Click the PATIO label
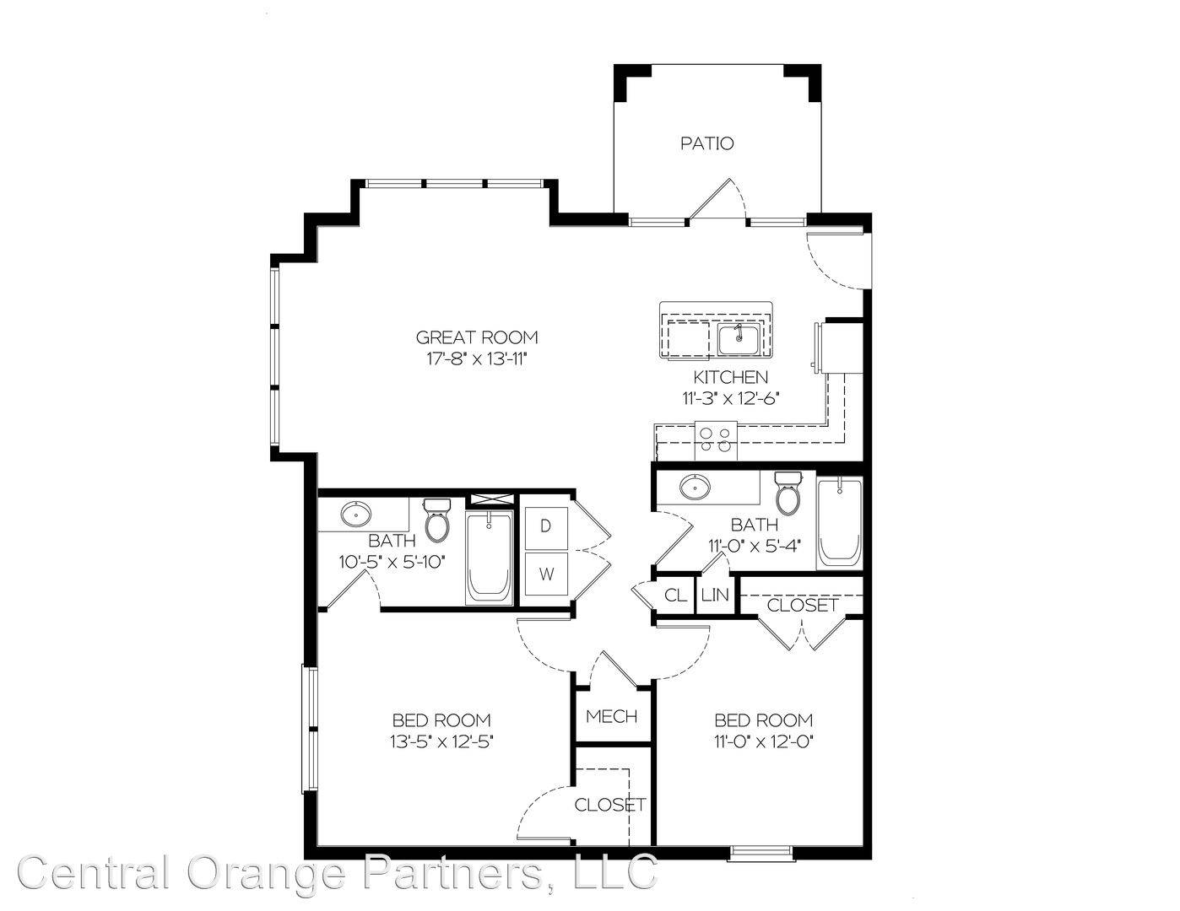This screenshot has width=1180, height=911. [707, 143]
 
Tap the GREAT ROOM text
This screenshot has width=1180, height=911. [477, 337]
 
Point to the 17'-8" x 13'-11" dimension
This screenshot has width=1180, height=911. [477, 359]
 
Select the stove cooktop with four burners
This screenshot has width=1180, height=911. [716, 440]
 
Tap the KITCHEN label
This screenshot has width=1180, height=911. [730, 377]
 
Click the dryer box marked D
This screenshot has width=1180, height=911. [546, 527]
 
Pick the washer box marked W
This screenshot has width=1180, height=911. [546, 574]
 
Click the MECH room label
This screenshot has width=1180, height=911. [611, 717]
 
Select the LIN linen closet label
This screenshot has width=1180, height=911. [715, 596]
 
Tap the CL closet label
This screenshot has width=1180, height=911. [675, 596]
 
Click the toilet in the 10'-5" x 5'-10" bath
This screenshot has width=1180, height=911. [437, 520]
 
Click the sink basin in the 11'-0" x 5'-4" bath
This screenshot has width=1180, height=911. [695, 488]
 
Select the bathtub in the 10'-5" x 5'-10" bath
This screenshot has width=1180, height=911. [489, 558]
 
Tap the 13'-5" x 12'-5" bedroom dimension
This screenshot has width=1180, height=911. [441, 741]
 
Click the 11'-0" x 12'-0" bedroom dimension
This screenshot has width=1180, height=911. [763, 741]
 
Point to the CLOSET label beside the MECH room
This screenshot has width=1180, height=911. [610, 805]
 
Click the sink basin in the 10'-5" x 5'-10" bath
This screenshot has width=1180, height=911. [356, 514]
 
